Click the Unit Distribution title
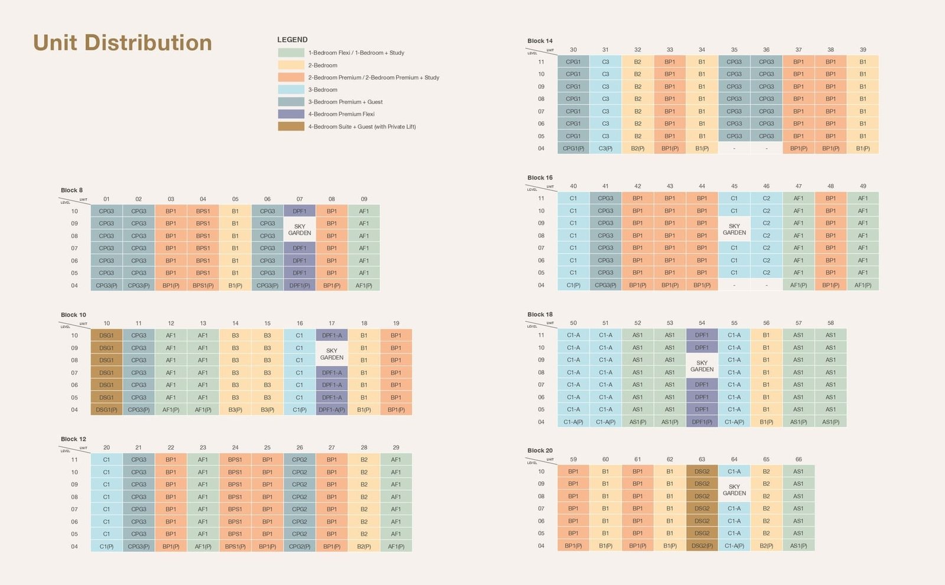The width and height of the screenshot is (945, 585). coord(122,43)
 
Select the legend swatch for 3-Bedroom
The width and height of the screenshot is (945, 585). coord(291,90)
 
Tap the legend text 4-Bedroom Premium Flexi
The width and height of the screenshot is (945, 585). coord(341,114)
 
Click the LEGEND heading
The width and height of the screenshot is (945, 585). coord(292,40)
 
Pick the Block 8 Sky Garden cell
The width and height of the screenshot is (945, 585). coord(299,229)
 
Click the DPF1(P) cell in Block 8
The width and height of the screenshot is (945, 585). coord(299,285)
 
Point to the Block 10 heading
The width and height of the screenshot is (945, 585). coord(73,315)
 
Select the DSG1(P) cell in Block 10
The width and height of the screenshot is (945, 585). coord(106,409)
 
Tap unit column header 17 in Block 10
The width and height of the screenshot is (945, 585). coord(332,323)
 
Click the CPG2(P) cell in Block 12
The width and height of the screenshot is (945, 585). coord(299,547)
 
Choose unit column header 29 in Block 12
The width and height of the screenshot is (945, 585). coord(396,447)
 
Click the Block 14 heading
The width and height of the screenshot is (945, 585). coord(540,41)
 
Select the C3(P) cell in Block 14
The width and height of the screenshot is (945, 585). coord(605,148)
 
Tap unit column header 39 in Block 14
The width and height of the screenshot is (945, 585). coord(863,50)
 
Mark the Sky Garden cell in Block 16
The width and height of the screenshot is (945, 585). coord(734,229)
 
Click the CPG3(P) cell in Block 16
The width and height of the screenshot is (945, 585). coord(605,285)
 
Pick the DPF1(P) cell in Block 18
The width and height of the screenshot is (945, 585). coord(702,422)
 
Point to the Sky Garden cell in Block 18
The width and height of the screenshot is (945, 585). coord(702,366)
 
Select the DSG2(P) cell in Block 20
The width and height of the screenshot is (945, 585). coord(702,545)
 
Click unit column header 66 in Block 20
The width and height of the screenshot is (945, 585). coord(799,459)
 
